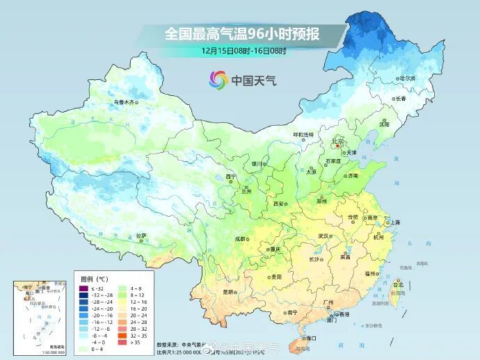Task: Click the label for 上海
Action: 395,222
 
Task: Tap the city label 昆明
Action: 228,292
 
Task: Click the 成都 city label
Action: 241,238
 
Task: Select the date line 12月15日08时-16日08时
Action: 245,51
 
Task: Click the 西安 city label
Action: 280,204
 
